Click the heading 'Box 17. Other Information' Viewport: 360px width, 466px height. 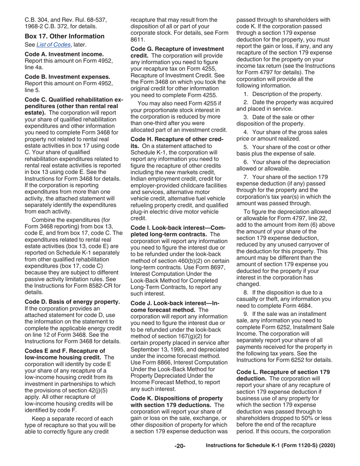point(64,36)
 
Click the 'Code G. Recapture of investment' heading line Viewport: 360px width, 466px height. point(177,49)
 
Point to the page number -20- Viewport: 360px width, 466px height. point(180,446)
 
